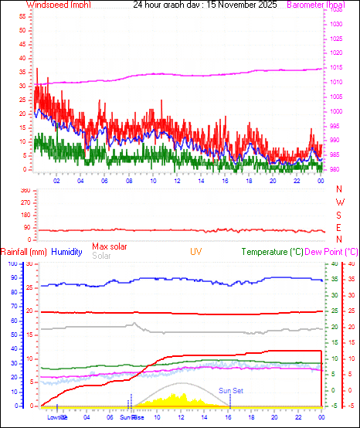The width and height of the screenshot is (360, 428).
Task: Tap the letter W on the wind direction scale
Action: pos(340,202)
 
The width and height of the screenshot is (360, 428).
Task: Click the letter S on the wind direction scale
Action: pos(340,215)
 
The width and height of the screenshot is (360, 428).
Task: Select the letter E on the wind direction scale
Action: pos(340,227)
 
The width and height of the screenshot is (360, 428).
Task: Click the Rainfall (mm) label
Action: pos(24,252)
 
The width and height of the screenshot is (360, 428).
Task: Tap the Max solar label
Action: pos(110,246)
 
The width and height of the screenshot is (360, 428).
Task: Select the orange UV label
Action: pos(196,252)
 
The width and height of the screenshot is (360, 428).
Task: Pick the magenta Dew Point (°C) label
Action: pos(331,252)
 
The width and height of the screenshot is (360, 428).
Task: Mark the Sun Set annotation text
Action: pos(230,391)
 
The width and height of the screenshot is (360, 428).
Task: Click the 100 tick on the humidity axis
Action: pos(11,263)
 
